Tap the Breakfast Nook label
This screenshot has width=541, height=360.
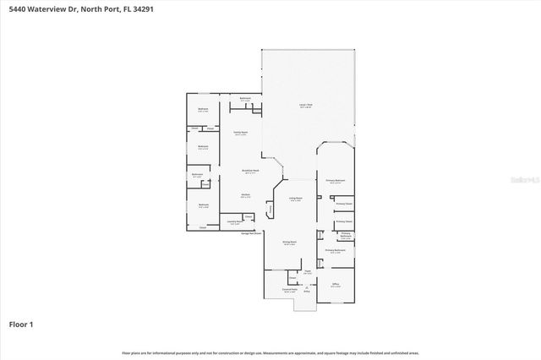[249, 172]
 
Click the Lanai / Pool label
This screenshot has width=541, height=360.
[305, 106]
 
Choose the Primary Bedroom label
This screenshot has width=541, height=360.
[335, 181]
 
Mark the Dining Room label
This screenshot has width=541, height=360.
[288, 243]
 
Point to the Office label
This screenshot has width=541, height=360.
[336, 285]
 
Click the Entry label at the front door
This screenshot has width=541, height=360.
[307, 292]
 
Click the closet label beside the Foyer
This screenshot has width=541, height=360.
[292, 277]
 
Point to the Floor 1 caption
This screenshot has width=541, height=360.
[21, 323]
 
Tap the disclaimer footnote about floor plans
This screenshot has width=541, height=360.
[270, 352]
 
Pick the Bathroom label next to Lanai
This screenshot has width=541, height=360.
[245, 99]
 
